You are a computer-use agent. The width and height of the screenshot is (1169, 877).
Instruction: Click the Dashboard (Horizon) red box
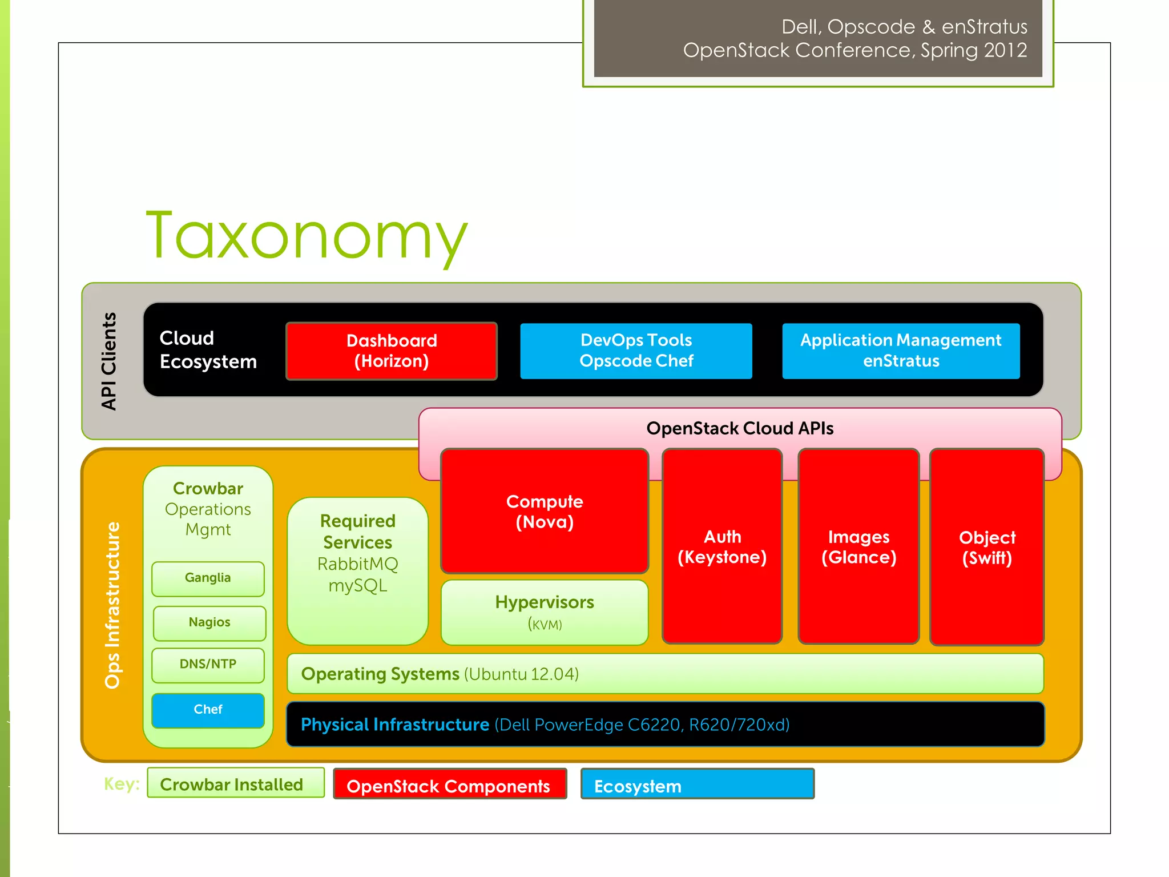(392, 351)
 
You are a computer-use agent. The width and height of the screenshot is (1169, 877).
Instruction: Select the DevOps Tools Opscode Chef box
(636, 351)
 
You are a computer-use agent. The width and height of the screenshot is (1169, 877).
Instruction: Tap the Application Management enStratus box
(901, 351)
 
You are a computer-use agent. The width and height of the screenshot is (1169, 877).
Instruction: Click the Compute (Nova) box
(545, 511)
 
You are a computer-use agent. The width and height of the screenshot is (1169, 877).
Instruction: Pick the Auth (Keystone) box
(722, 546)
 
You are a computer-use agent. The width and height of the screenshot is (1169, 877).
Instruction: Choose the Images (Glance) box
(858, 546)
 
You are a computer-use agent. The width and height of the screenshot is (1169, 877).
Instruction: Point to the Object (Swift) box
(987, 546)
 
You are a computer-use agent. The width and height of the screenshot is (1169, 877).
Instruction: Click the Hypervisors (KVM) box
(545, 612)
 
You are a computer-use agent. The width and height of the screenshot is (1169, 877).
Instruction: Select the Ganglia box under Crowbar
(208, 578)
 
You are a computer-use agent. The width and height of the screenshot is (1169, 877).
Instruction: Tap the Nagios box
(209, 622)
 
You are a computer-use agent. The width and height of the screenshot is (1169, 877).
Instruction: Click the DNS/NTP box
(208, 665)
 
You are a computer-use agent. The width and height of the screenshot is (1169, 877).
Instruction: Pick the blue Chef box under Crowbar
(208, 710)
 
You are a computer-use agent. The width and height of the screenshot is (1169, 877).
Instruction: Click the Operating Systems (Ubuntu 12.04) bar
(665, 674)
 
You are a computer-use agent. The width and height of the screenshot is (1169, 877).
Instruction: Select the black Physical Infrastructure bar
(665, 725)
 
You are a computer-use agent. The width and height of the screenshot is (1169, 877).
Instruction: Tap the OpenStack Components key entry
(449, 785)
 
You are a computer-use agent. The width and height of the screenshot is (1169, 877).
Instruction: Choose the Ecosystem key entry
(697, 785)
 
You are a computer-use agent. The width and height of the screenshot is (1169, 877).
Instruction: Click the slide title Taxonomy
(307, 235)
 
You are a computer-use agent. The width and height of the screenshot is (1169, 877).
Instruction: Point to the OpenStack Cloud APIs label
(740, 428)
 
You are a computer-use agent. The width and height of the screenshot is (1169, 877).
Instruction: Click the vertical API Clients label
(108, 361)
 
